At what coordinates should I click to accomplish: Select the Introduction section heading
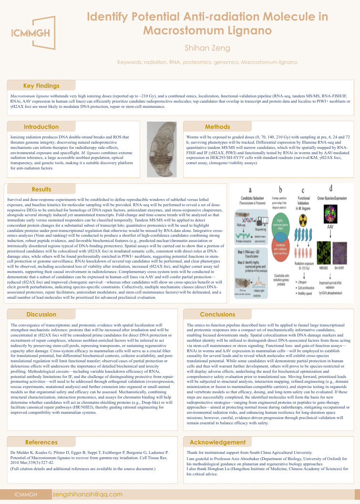pos(41,127)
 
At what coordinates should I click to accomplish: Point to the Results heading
pos(41,189)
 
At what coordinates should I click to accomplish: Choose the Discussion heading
pos(41,315)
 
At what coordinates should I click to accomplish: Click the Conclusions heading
pos(217,315)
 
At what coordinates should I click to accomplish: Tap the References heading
pos(41,442)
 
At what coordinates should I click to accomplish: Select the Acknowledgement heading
pos(217,442)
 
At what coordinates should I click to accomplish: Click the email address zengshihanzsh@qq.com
pos(88,494)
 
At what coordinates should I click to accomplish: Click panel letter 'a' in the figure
pos(251,189)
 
